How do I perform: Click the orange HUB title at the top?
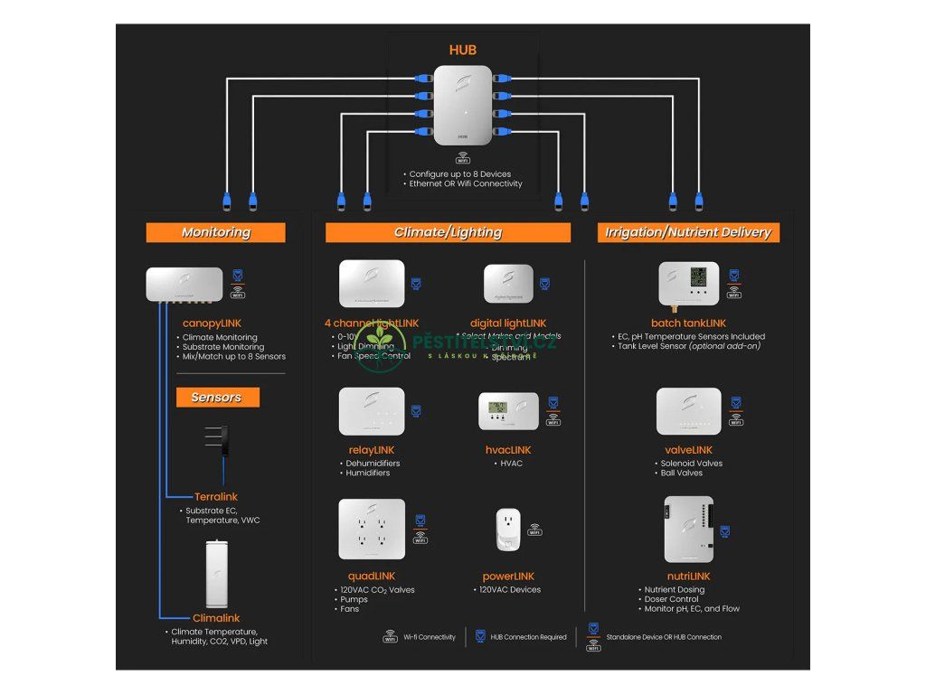click(x=462, y=50)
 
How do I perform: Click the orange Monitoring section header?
click(x=215, y=232)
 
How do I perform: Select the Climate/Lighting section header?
click(x=448, y=232)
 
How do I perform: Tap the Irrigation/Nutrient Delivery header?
click(x=687, y=232)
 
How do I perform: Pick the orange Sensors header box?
click(x=216, y=398)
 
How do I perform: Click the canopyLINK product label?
click(x=213, y=323)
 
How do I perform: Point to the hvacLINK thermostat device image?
click(x=508, y=411)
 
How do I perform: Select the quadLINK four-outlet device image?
click(x=372, y=529)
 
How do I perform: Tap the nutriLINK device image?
click(x=688, y=529)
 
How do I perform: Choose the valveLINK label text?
click(x=688, y=450)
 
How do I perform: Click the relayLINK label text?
click(x=371, y=450)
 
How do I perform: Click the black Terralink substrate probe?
click(x=222, y=443)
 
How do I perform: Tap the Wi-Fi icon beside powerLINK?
click(x=535, y=530)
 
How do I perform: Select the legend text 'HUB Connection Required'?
click(x=529, y=637)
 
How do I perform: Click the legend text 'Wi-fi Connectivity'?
click(x=430, y=637)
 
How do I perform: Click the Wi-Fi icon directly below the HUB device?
click(x=462, y=159)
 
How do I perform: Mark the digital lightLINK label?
click(x=508, y=323)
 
